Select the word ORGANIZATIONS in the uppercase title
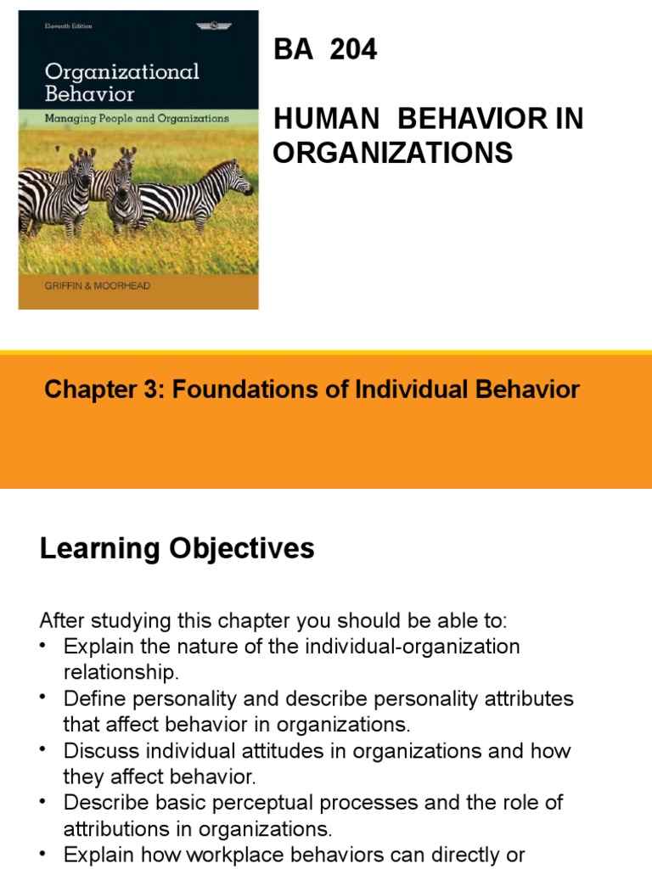(x=392, y=153)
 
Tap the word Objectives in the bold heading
(x=240, y=548)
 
